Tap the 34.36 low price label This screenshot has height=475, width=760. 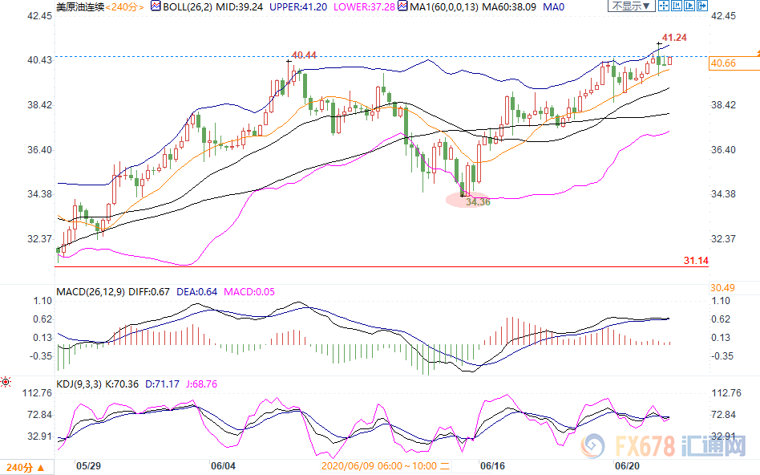coord(477,201)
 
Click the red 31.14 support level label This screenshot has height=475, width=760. coord(695,262)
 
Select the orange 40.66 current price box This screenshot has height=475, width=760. coord(723,64)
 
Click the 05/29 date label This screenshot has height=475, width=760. coord(89,465)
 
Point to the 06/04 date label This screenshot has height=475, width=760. coord(223,465)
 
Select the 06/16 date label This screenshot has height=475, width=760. coord(491,465)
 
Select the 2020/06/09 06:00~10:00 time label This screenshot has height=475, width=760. coord(380,465)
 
